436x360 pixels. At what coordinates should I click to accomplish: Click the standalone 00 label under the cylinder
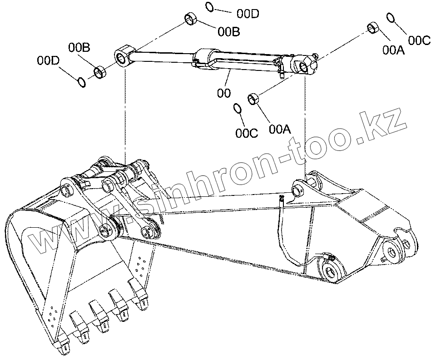(x=223, y=93)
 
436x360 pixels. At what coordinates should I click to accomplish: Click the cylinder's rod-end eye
(x=123, y=57)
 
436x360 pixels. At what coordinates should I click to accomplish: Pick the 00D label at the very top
(x=248, y=14)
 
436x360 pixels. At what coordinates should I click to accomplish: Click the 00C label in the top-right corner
(x=419, y=40)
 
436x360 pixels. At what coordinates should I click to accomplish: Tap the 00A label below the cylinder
(x=279, y=129)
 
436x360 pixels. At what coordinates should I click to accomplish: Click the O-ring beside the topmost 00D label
(x=209, y=6)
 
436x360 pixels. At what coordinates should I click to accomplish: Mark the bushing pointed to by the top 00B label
(x=191, y=20)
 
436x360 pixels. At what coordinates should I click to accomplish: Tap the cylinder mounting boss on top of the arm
(x=299, y=187)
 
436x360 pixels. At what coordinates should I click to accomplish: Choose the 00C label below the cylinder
(x=247, y=133)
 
